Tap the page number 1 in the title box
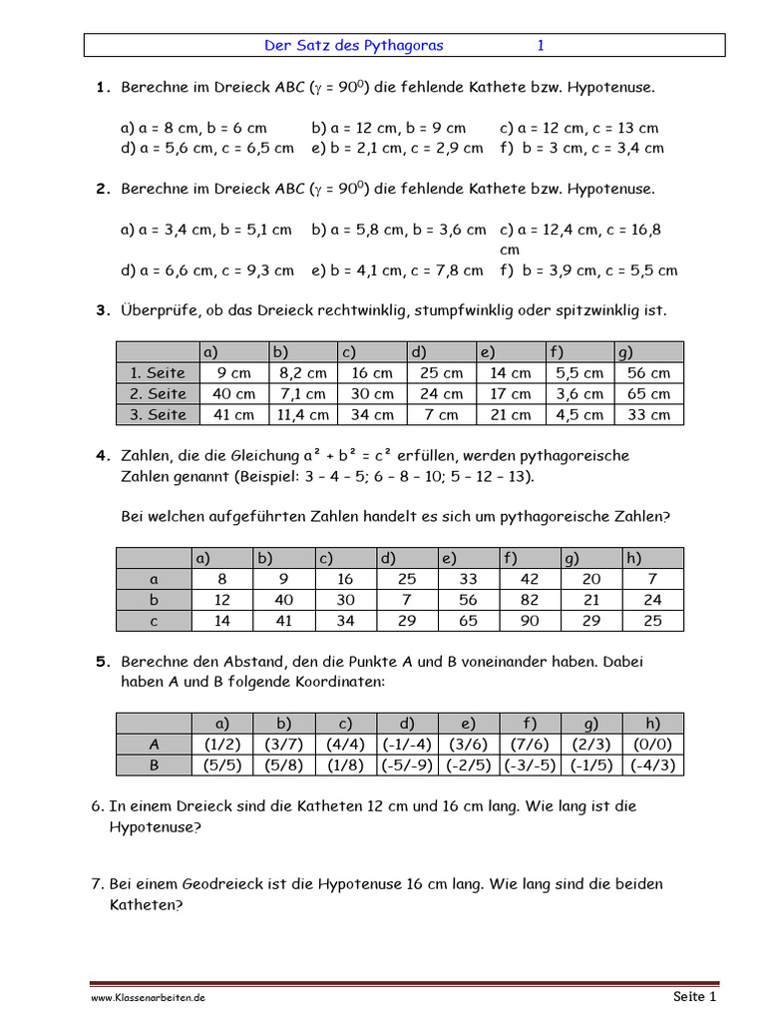point(541,46)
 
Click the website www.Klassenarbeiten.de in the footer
point(148,997)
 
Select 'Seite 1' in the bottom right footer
point(694,996)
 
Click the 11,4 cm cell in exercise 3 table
point(303,415)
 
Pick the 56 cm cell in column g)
point(649,373)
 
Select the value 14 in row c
point(221,621)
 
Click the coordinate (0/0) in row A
point(653,745)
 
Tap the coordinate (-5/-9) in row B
point(407,766)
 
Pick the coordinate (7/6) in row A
point(530,745)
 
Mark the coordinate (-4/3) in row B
point(653,766)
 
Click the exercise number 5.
point(102,661)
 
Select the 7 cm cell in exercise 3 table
point(442,415)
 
